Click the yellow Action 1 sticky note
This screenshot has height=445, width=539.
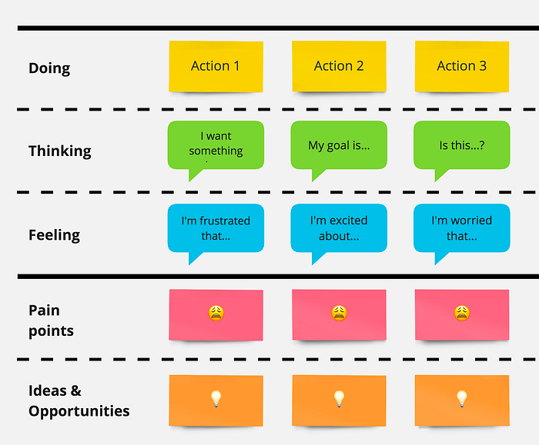[216, 67]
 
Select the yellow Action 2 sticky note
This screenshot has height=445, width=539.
[339, 67]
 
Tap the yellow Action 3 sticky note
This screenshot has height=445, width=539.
[462, 67]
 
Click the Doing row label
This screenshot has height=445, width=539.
[49, 68]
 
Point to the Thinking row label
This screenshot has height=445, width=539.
[60, 151]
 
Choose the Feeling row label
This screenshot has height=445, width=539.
[55, 235]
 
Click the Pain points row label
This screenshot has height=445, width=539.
[51, 320]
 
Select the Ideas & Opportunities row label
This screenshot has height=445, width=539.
[79, 400]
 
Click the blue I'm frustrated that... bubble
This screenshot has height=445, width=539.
[216, 229]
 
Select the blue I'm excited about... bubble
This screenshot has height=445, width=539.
[339, 229]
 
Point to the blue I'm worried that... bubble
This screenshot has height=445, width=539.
[462, 229]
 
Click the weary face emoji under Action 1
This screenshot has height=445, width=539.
[216, 314]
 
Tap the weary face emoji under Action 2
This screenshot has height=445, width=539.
[339, 314]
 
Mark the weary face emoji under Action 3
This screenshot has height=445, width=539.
[462, 314]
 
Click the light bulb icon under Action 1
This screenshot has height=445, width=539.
[216, 399]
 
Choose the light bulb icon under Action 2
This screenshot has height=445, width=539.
[339, 399]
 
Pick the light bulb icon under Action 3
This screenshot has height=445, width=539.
[462, 399]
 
